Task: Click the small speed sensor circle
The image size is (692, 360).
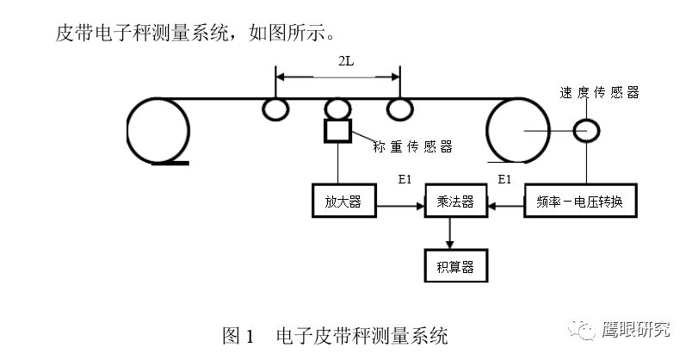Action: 588,130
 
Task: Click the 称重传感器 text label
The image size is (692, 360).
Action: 413,146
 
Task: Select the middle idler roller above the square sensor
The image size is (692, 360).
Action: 337,109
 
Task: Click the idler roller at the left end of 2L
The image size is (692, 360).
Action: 275,109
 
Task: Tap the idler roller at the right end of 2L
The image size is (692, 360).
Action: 399,109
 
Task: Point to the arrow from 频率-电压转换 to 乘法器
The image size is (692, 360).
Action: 505,206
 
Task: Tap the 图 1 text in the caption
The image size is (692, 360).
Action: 238,335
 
